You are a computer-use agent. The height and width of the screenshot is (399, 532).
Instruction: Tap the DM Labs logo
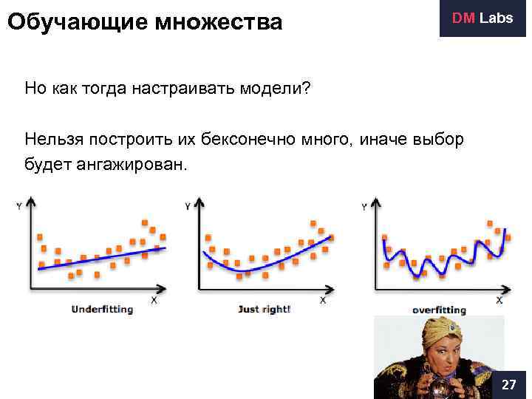click(x=482, y=18)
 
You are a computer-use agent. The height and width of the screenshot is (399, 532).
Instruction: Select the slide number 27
click(x=508, y=385)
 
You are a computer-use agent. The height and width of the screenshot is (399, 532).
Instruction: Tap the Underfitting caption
click(x=102, y=309)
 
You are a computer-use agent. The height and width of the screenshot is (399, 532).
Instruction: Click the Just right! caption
click(x=264, y=309)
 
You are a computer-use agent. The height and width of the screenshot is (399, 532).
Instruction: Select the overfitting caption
click(x=439, y=310)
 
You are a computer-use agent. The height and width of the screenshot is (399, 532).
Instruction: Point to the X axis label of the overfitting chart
click(x=499, y=300)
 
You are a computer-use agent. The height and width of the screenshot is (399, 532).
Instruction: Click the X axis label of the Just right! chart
click(x=323, y=300)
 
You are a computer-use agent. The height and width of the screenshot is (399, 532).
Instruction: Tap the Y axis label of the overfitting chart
click(x=364, y=207)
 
